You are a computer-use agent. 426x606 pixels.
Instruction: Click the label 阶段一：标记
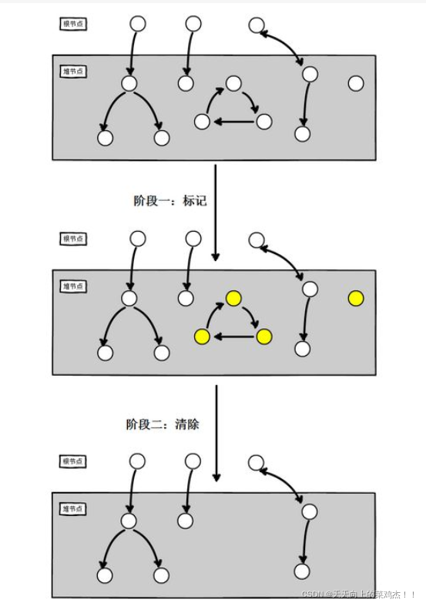click(x=169, y=201)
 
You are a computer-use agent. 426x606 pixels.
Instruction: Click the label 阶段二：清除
click(x=163, y=424)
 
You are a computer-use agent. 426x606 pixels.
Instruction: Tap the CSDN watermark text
click(x=358, y=594)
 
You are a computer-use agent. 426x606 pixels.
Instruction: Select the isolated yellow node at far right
click(x=355, y=298)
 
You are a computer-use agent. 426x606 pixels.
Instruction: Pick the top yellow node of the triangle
click(x=233, y=298)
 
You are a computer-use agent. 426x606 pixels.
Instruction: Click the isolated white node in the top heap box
click(x=355, y=83)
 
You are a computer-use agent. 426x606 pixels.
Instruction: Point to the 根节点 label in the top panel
click(x=73, y=24)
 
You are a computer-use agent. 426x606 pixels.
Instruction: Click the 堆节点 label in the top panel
click(x=73, y=72)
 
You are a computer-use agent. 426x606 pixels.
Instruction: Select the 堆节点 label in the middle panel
click(x=73, y=286)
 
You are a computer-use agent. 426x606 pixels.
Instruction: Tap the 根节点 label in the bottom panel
click(x=73, y=461)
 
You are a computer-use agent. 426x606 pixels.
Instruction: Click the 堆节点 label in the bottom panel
click(x=73, y=509)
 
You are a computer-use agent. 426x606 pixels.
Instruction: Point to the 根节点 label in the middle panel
click(x=73, y=239)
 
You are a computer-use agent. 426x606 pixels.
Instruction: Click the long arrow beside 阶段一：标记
click(x=216, y=212)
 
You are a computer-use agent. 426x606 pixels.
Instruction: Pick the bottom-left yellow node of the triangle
click(x=203, y=336)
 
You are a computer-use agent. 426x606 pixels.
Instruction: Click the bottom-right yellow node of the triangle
click(x=263, y=336)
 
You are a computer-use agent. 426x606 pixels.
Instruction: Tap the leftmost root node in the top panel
click(x=138, y=24)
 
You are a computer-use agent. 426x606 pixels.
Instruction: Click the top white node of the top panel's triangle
click(x=233, y=83)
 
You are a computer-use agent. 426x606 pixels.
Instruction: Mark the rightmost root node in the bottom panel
click(x=257, y=463)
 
